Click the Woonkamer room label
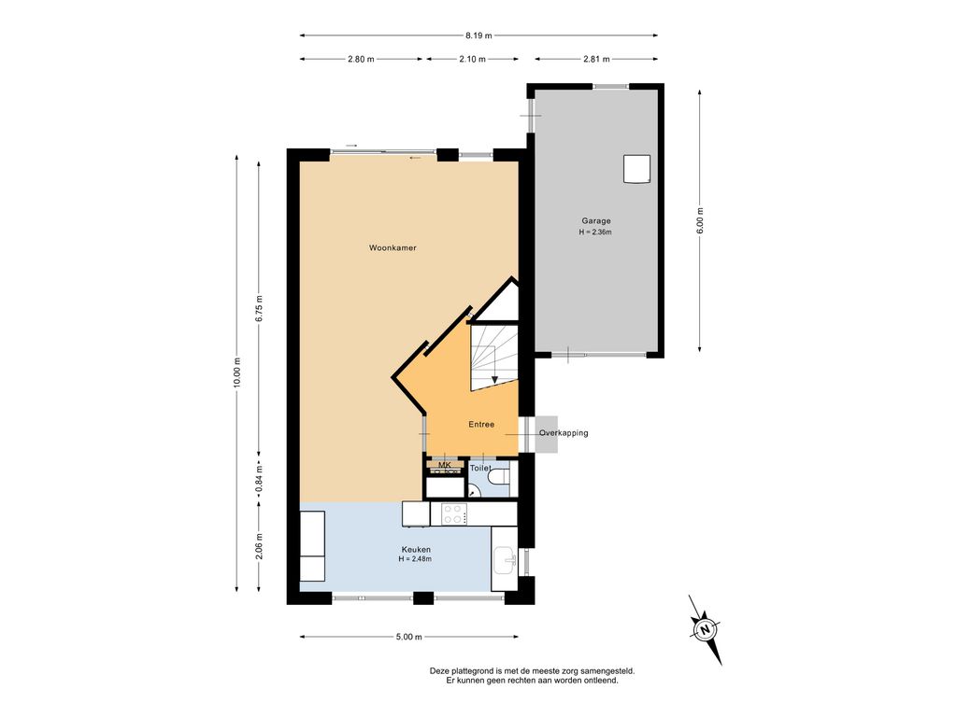point(393,247)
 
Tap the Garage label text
point(595,220)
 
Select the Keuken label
point(416,549)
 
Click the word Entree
point(481,425)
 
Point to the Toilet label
point(480,469)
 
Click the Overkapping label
point(564,433)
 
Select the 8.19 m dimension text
point(478,35)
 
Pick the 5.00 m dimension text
point(409,637)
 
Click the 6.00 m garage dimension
point(700,220)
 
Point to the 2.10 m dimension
point(472,59)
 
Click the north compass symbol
point(706,630)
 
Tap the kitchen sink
point(504,560)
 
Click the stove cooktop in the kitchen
point(454,514)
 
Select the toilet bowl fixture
point(501,475)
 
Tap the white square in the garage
point(636,169)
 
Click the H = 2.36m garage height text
point(595,232)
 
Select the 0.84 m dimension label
point(260,478)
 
